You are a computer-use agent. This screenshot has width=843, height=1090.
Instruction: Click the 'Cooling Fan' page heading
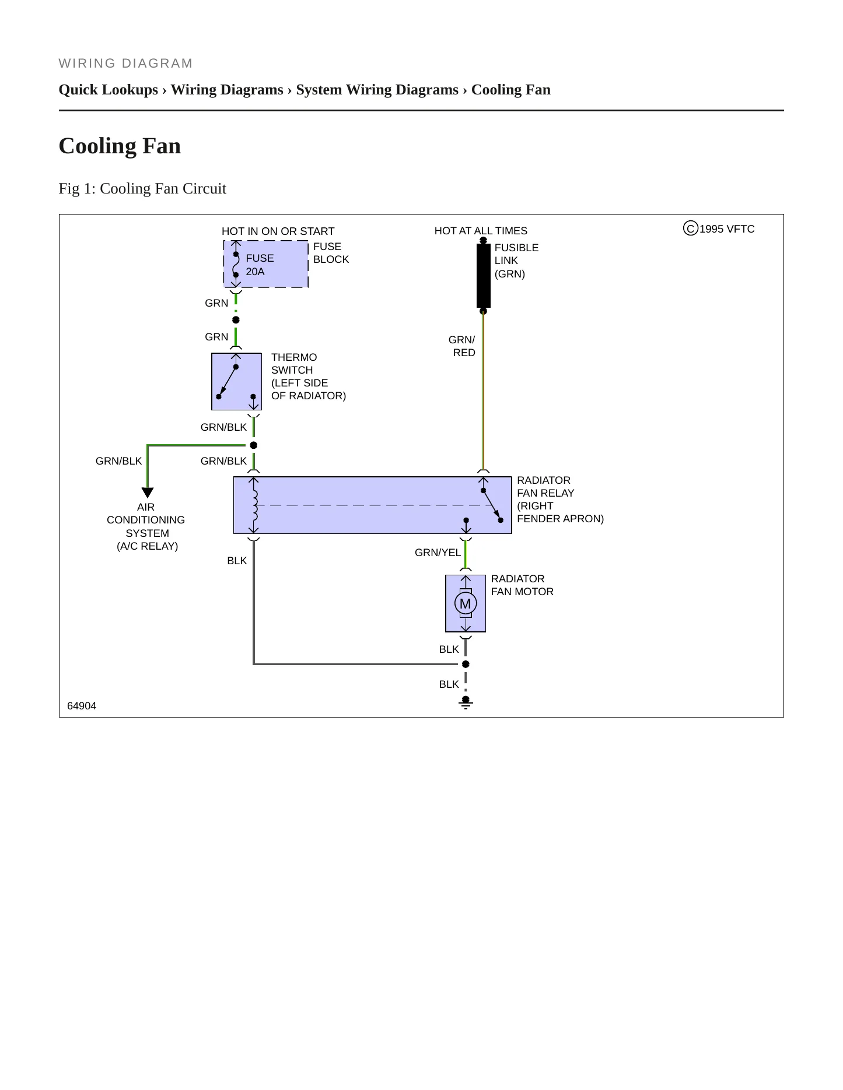coord(120,146)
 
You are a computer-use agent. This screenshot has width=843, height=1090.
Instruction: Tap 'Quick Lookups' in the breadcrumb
coord(109,90)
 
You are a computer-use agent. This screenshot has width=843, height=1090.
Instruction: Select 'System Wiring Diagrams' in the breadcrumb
coord(377,90)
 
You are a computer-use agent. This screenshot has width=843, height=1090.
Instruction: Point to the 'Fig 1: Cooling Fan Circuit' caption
coord(142,188)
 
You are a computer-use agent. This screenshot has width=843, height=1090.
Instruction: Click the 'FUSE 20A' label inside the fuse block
coord(260,265)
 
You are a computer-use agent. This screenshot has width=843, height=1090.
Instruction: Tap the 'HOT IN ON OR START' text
coord(278,231)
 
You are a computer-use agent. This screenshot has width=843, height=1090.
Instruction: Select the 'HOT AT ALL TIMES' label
coord(481,231)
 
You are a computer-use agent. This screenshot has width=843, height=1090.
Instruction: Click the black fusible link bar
coord(484,275)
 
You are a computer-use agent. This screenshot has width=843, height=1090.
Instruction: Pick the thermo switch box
coord(236,381)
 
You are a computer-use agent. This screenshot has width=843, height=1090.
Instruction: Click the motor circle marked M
coord(466,604)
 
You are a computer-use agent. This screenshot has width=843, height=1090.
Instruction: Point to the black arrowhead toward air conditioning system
coord(148,493)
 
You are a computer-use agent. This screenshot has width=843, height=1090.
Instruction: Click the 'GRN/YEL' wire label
coord(438,553)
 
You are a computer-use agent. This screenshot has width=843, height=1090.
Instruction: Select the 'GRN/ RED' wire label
coord(462,346)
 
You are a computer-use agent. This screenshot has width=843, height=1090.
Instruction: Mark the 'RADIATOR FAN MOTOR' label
coord(522,585)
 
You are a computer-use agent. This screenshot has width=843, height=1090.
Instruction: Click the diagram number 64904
coord(82,706)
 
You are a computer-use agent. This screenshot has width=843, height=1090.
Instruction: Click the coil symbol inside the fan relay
coord(254,505)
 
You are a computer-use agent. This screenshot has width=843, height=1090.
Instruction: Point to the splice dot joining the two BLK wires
coord(466,664)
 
